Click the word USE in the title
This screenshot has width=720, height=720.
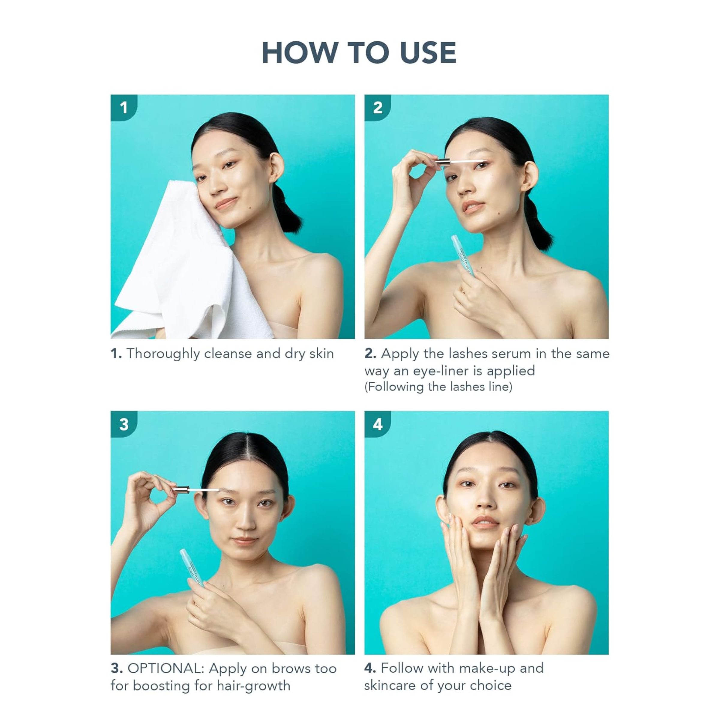428,52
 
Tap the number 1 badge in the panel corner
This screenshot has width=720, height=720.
124,108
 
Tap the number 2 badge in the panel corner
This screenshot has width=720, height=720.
378,108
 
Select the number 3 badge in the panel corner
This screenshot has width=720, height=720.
124,424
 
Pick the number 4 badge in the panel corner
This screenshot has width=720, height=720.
378,424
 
